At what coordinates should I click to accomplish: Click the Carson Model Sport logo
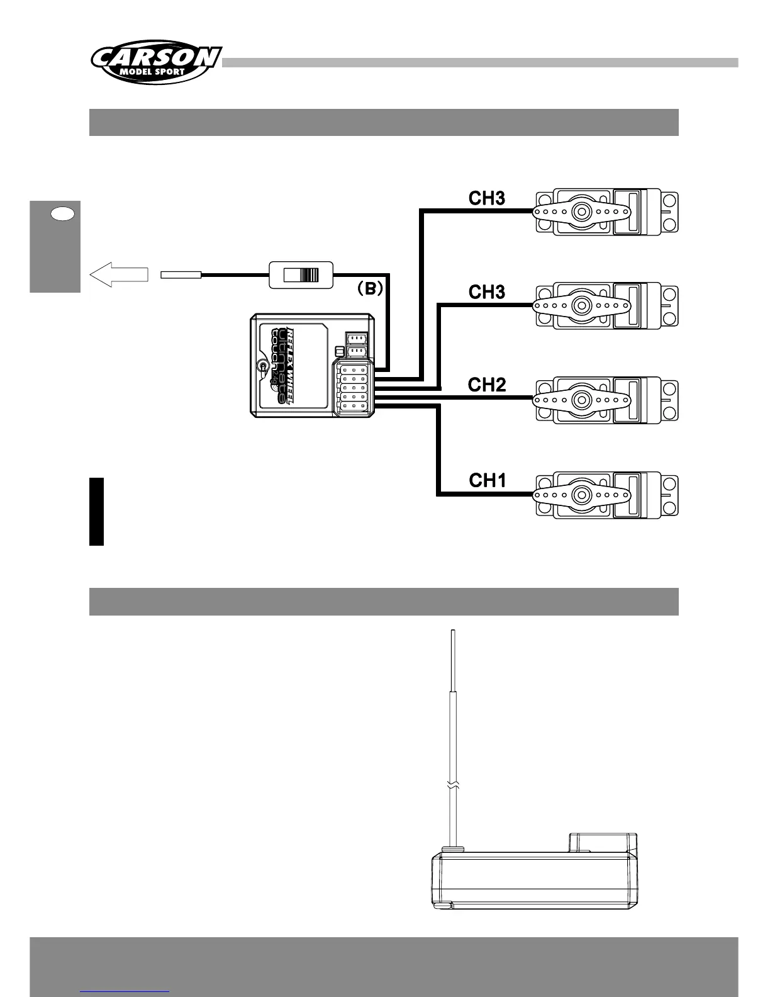(155, 62)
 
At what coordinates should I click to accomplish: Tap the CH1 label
(488, 481)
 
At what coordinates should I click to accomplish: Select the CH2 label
(487, 385)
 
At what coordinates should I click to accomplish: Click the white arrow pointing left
(119, 274)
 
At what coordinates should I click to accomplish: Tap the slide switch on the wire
(301, 275)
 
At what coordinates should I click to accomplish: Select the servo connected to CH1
(606, 495)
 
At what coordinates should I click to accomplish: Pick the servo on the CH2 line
(606, 400)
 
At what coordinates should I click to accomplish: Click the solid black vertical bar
(96, 511)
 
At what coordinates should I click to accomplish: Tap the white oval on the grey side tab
(62, 214)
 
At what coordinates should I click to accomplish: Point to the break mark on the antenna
(453, 786)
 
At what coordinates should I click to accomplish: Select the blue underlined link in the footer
(125, 991)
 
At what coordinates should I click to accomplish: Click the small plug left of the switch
(181, 274)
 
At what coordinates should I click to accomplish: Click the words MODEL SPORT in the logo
(152, 71)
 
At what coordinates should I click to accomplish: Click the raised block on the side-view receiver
(603, 842)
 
